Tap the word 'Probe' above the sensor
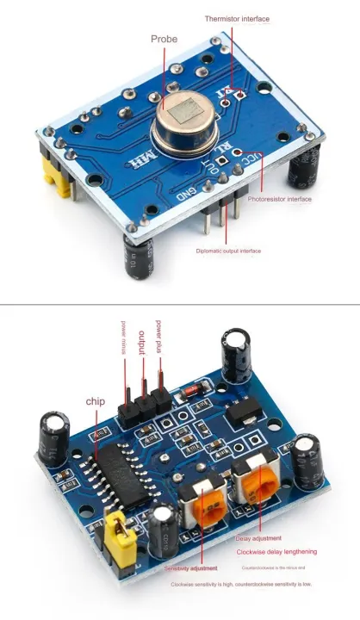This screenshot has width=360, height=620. [x=164, y=39]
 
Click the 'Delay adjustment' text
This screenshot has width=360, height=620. [x=258, y=538]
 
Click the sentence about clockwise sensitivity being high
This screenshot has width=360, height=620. [x=241, y=584]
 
